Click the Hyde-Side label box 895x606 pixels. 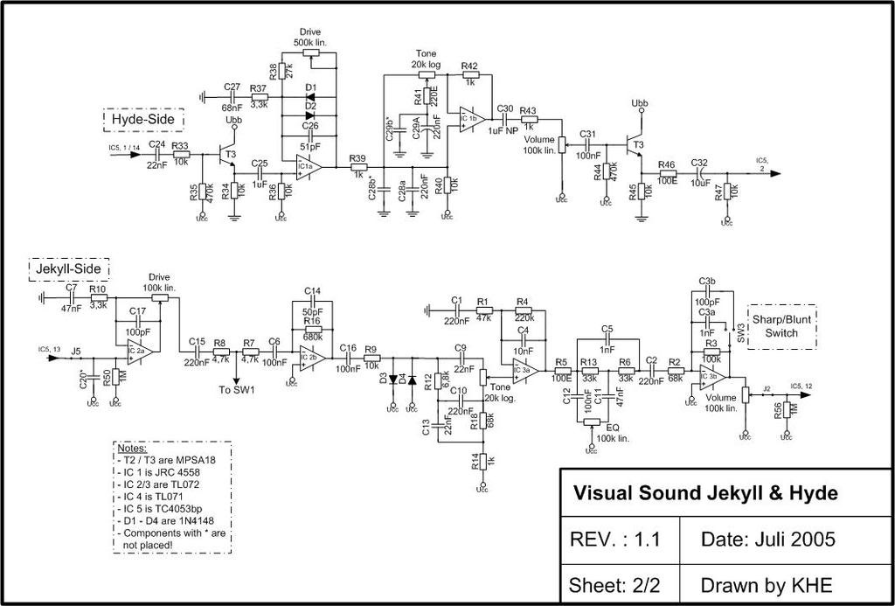142,118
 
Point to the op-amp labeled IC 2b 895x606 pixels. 310,357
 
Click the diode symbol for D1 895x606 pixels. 309,97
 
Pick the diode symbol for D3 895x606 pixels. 392,379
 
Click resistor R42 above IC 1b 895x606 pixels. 470,76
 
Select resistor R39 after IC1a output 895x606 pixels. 357,166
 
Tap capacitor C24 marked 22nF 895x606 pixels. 156,154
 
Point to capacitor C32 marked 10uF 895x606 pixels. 700,172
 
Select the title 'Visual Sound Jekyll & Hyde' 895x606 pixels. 704,493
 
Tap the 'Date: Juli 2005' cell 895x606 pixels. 767,540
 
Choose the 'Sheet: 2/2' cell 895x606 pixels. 609,584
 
